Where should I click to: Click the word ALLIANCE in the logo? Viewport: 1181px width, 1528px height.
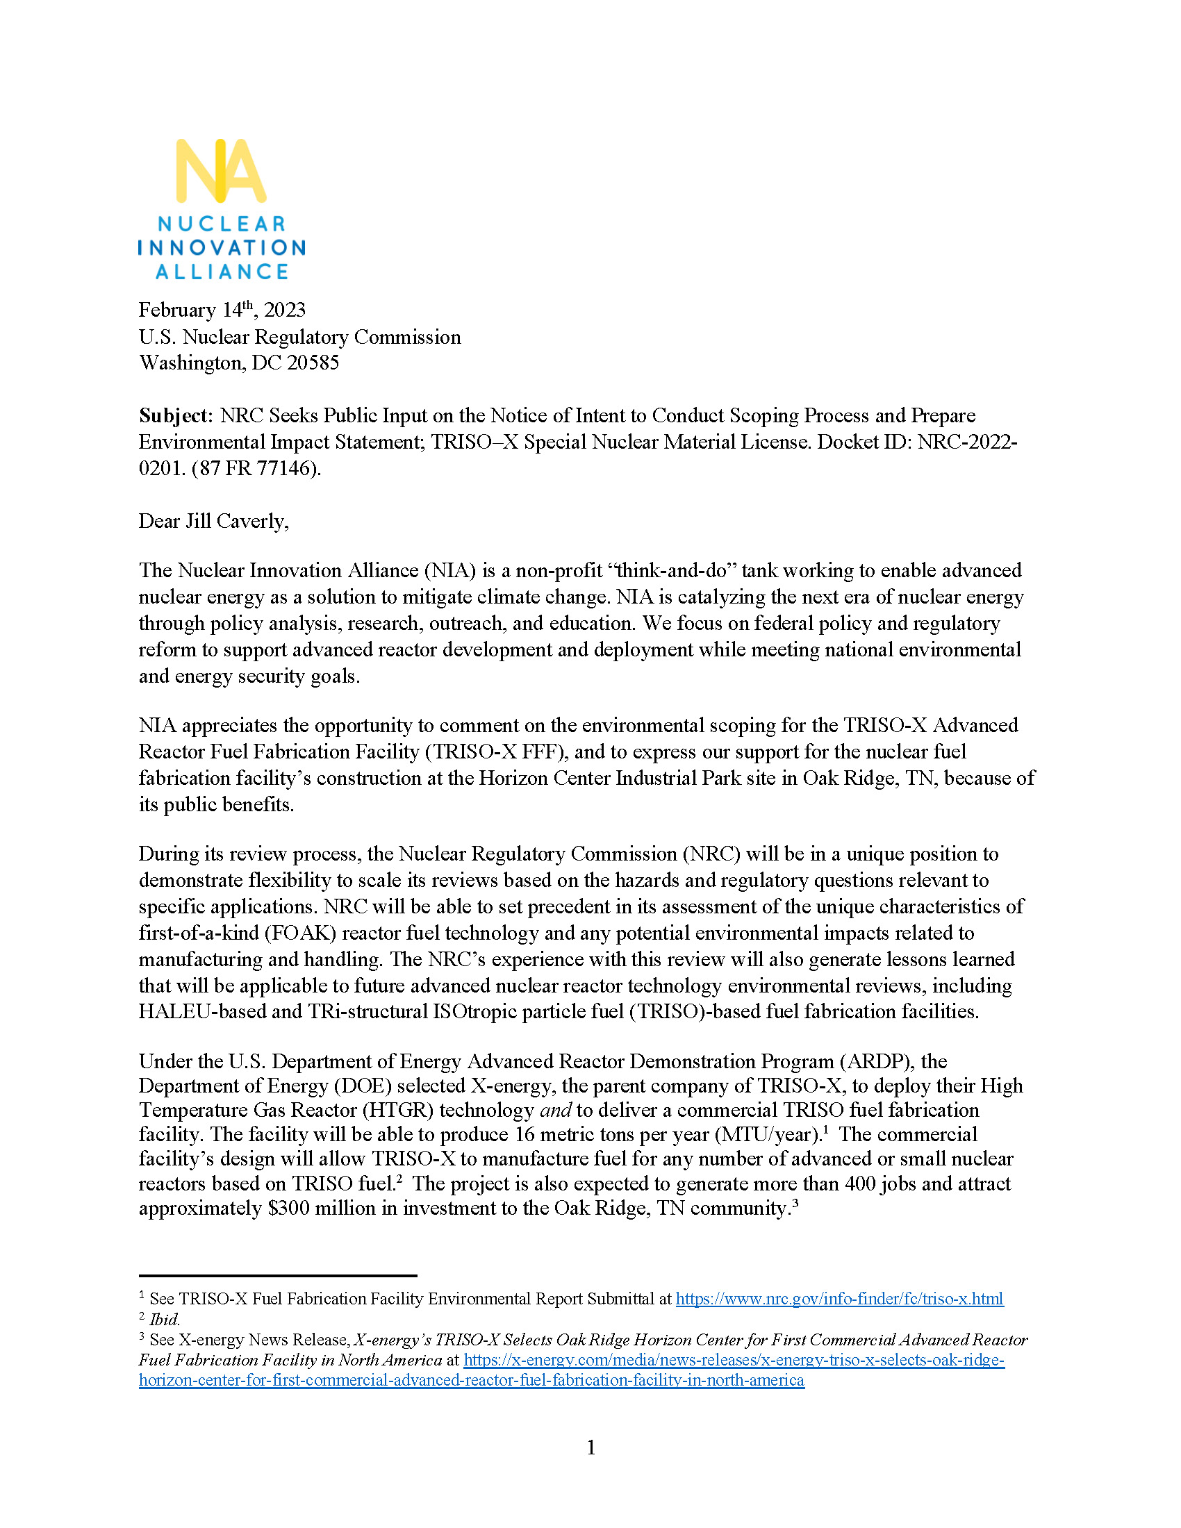pyautogui.click(x=222, y=272)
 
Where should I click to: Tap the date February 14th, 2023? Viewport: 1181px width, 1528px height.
pyautogui.click(x=222, y=310)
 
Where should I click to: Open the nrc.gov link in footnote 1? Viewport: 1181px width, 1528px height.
pyautogui.click(x=839, y=1299)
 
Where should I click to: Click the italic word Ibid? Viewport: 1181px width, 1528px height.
pyautogui.click(x=165, y=1320)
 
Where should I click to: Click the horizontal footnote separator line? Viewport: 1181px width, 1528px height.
pyautogui.click(x=278, y=1275)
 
